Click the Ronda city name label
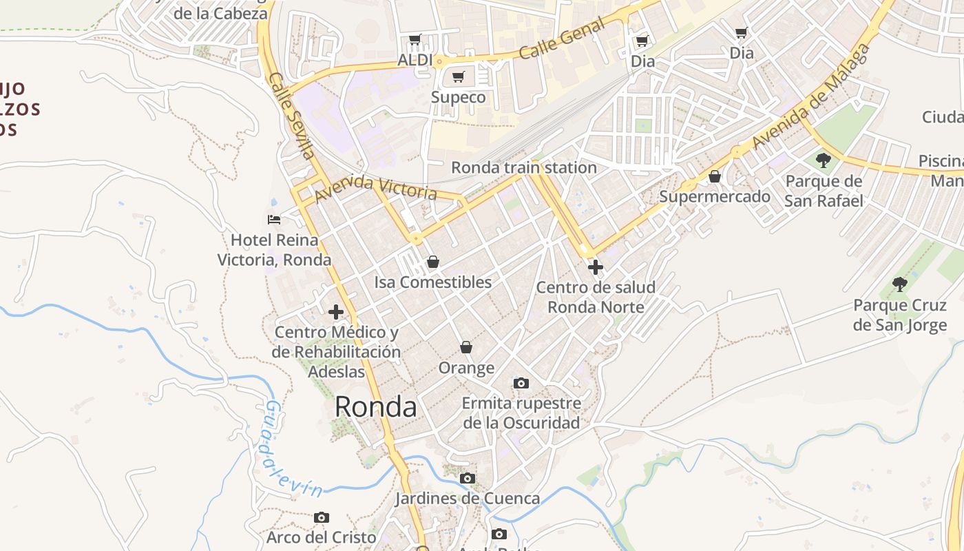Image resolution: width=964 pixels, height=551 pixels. [375, 407]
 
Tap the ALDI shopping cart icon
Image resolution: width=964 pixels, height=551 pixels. [415, 40]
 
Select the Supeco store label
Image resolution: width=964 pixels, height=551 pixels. [458, 97]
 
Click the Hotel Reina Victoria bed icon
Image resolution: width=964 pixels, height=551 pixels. [274, 220]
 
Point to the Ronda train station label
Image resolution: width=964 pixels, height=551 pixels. [523, 167]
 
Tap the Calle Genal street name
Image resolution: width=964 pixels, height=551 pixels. [562, 39]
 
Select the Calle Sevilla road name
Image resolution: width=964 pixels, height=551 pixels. [292, 115]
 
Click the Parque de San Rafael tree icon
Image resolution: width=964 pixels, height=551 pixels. [823, 161]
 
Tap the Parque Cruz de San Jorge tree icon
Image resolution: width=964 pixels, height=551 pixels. [899, 284]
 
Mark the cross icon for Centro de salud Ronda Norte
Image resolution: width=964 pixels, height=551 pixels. [596, 267]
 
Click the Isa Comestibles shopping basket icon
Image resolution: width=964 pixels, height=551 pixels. [432, 262]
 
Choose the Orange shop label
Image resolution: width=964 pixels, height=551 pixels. [466, 368]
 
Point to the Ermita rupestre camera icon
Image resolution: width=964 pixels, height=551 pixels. [521, 383]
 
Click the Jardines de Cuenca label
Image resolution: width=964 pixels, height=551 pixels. [467, 498]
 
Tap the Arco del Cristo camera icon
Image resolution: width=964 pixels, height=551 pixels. [322, 517]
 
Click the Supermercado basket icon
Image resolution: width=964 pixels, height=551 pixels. [715, 177]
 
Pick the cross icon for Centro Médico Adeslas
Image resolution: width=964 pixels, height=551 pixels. [336, 312]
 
